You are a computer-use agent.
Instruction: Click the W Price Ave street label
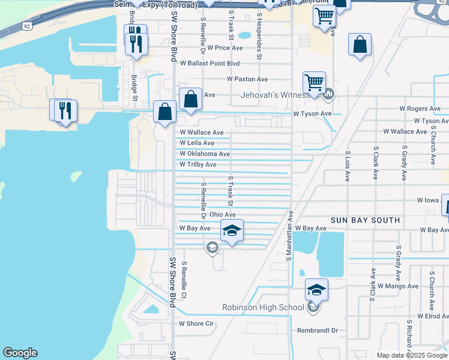click(225, 47)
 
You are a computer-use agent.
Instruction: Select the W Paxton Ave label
click(247, 79)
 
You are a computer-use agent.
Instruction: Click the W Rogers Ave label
click(420, 109)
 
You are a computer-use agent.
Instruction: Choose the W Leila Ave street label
click(197, 143)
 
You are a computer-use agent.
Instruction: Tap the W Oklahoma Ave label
click(205, 154)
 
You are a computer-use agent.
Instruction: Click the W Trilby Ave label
click(198, 164)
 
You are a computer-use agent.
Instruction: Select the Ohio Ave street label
click(222, 214)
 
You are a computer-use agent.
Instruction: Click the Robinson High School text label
click(264, 308)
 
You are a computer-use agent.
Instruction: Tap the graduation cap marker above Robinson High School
click(316, 290)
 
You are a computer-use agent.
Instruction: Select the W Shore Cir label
click(196, 323)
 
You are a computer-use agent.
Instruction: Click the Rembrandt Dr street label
click(318, 330)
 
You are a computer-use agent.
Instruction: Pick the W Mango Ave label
click(397, 286)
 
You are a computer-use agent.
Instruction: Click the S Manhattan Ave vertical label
click(289, 235)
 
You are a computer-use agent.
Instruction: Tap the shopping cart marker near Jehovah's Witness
click(314, 82)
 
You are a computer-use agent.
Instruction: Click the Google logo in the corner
click(20, 353)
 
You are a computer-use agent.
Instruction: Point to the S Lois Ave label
click(347, 166)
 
